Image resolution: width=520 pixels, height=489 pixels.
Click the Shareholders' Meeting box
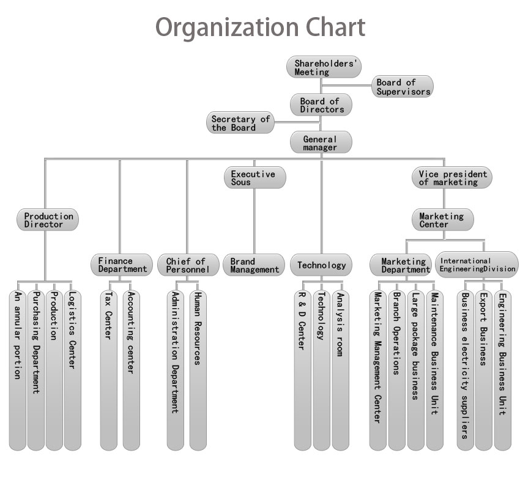pyautogui.click(x=324, y=67)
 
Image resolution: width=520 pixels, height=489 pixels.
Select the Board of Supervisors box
pyautogui.click(x=403, y=86)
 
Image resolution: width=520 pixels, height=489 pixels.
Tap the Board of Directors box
pyautogui.click(x=321, y=105)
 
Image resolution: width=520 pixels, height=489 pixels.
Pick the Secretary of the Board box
pyautogui.click(x=240, y=123)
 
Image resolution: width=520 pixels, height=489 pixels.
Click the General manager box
pyautogui.click(x=321, y=142)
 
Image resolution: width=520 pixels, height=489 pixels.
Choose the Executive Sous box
pyautogui.click(x=255, y=178)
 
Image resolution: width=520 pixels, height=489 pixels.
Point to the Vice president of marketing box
pyautogui.click(x=452, y=177)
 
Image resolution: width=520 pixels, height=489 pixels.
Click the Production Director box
pyautogui.click(x=48, y=219)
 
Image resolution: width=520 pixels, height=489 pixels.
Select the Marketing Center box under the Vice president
pyautogui.click(x=443, y=219)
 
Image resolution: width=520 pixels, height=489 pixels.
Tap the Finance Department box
pyautogui.click(x=122, y=265)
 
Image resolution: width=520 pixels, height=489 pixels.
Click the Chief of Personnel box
pyautogui.click(x=188, y=265)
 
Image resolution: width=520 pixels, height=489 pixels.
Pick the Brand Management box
pyautogui.click(x=254, y=265)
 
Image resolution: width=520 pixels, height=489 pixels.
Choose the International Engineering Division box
pyautogui.click(x=477, y=265)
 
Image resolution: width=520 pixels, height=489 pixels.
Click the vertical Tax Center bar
pyautogui.click(x=109, y=370)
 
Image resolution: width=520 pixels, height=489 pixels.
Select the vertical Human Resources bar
pyautogui.click(x=198, y=370)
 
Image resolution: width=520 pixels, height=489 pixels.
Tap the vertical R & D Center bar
pyautogui.click(x=302, y=370)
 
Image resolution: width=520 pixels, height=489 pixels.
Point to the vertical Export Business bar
pyautogui.click(x=483, y=370)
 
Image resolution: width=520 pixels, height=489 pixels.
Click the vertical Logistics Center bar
pyautogui.click(x=72, y=370)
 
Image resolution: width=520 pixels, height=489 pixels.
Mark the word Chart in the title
pyautogui.click(x=335, y=27)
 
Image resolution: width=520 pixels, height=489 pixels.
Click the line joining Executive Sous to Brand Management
pyautogui.click(x=254, y=221)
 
